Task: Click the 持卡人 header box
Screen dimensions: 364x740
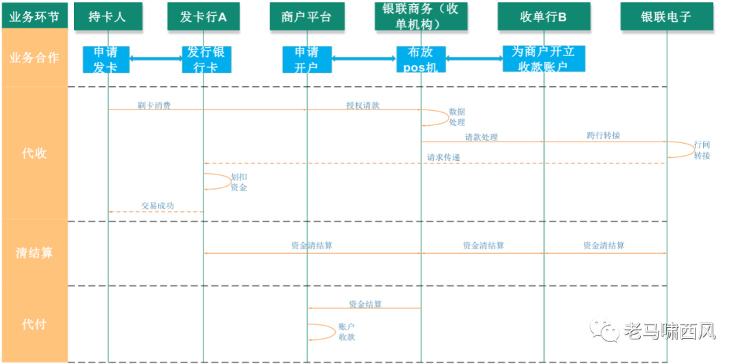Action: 108,16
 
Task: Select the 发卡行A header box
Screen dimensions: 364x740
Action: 203,16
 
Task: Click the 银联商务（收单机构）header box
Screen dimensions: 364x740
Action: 420,16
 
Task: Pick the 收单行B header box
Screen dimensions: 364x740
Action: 543,16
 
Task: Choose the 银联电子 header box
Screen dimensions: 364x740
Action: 667,16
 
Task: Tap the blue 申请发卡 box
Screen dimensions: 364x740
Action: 106,60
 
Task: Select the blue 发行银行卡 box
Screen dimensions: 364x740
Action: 206,60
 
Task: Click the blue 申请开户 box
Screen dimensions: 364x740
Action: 306,60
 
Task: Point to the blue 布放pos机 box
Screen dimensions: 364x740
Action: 421,60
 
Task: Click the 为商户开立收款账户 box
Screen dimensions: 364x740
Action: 544,59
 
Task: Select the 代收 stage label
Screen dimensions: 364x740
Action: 34,153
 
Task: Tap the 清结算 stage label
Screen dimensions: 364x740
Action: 34,253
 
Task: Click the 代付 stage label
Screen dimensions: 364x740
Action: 34,324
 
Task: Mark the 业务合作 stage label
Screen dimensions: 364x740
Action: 34,57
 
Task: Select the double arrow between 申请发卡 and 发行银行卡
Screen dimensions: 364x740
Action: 156,59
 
